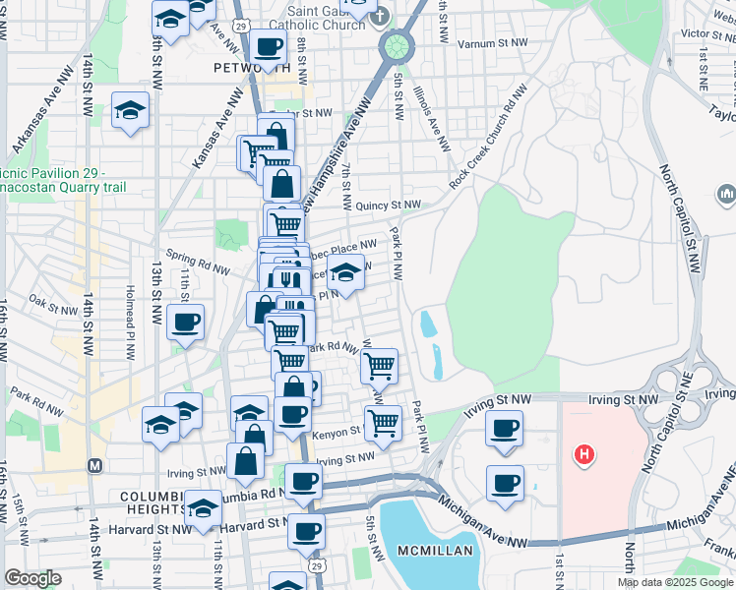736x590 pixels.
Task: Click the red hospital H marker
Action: click(584, 454)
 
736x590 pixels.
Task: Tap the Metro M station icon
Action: click(95, 464)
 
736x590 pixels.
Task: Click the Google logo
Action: click(32, 578)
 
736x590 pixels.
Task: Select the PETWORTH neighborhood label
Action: click(252, 69)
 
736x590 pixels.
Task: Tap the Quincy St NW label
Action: click(388, 206)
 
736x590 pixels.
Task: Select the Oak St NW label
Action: click(51, 299)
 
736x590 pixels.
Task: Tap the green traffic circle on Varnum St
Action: click(397, 45)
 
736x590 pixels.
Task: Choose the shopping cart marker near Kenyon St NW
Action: click(382, 423)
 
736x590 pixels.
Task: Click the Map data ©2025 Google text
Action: click(675, 582)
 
